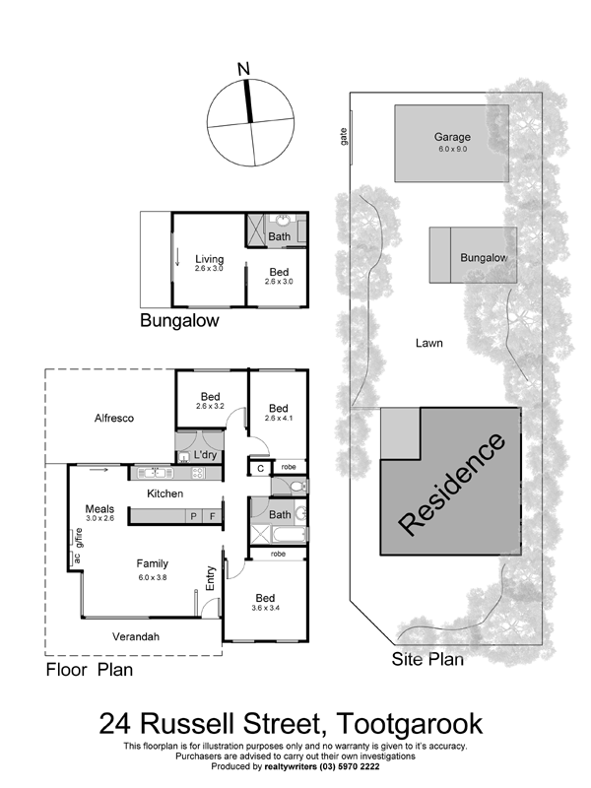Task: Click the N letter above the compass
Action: click(243, 69)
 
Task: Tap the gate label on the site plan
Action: click(344, 137)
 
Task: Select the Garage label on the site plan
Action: click(452, 137)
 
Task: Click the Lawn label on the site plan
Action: click(429, 343)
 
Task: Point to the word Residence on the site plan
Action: click(451, 484)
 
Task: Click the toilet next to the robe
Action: click(298, 487)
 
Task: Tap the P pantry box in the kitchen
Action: click(193, 516)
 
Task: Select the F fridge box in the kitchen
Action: click(212, 516)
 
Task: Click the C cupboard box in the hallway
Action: click(260, 469)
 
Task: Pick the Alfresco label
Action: click(114, 418)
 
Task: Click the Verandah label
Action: click(136, 636)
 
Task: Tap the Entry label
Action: click(211, 578)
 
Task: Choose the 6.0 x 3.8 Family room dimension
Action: click(153, 577)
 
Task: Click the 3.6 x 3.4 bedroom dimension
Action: click(265, 608)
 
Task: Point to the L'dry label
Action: click(205, 455)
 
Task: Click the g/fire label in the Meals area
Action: click(78, 538)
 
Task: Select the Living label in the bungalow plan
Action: click(210, 259)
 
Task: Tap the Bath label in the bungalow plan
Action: click(280, 236)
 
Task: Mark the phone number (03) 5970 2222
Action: click(350, 766)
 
